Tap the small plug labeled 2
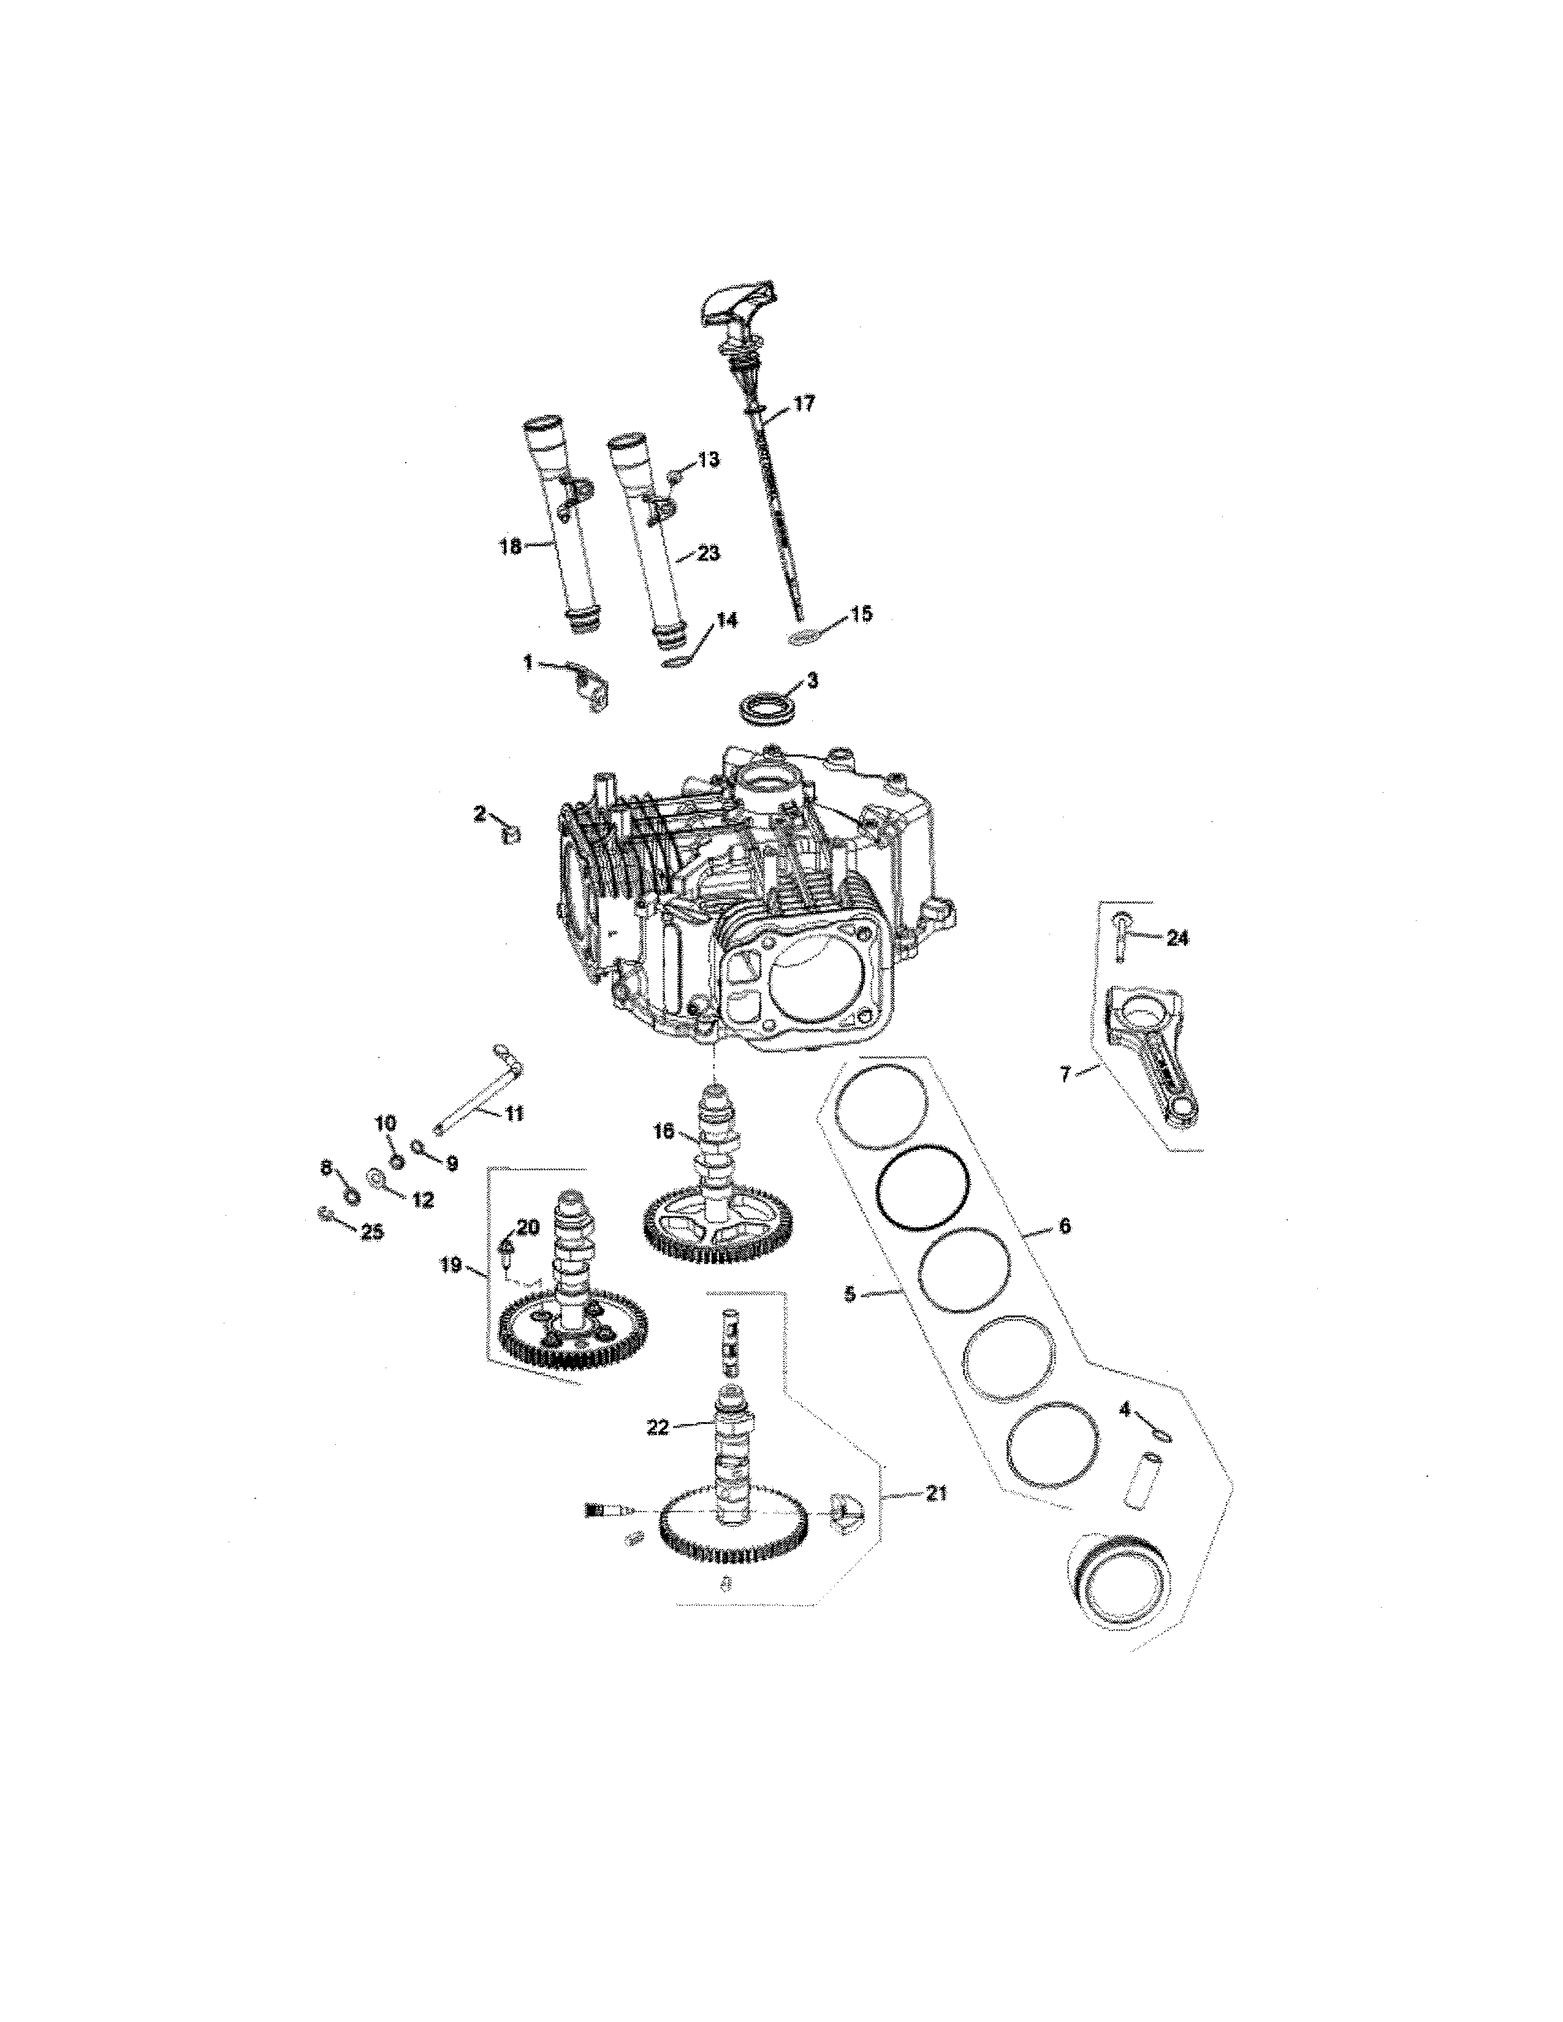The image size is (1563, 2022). click(512, 835)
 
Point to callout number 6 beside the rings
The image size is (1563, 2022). click(1063, 1226)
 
